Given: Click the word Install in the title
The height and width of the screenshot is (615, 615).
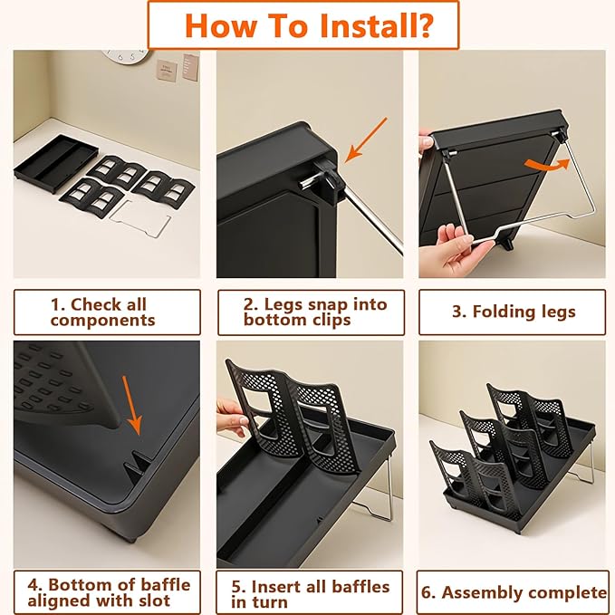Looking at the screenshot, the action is (x=376, y=25).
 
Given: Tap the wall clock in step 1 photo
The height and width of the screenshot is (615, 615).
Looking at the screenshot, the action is (x=126, y=56).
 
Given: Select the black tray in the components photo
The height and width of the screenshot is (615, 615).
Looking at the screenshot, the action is (x=55, y=164).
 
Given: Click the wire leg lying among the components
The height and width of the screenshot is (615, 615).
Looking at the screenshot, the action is (x=141, y=218).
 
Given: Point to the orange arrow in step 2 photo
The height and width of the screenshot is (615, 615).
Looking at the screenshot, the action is (x=366, y=140).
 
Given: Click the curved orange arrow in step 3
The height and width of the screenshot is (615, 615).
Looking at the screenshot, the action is (x=548, y=165).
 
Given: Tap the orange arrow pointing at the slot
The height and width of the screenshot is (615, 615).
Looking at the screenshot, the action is (x=132, y=405).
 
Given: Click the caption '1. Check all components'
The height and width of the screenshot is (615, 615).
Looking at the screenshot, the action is (x=102, y=312).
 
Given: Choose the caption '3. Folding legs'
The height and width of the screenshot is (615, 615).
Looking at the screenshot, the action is (x=514, y=312).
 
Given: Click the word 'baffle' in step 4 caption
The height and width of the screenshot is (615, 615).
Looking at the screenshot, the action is (x=165, y=584).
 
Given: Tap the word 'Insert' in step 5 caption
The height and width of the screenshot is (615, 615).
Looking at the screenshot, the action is (x=276, y=587).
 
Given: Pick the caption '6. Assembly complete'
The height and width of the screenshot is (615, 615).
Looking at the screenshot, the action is (x=513, y=592).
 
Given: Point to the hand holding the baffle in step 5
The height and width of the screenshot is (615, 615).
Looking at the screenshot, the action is (x=233, y=418).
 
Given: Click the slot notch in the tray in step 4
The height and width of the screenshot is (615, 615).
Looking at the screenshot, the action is (x=138, y=462).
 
